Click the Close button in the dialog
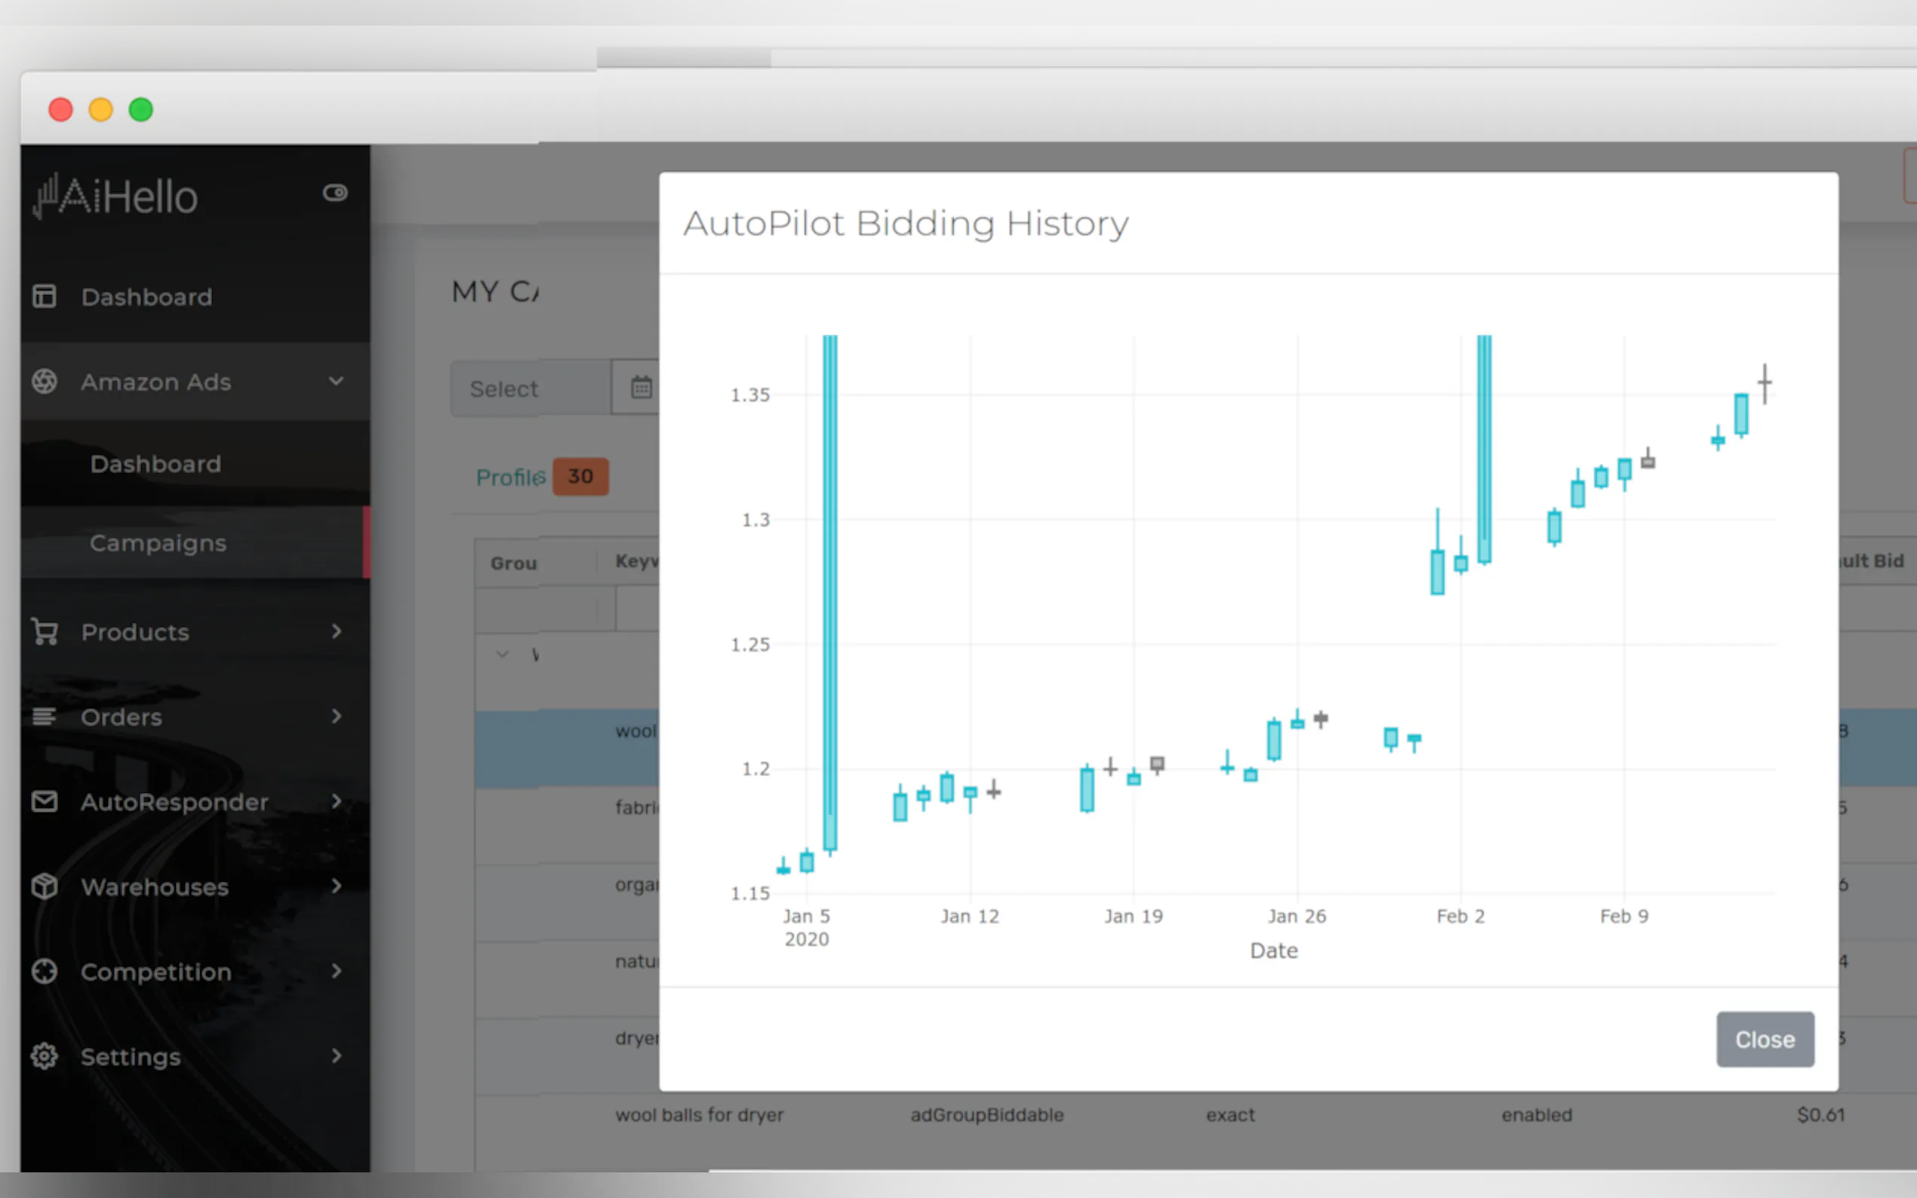1764,1039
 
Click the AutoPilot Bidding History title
905,223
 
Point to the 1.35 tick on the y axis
749,395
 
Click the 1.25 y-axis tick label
749,644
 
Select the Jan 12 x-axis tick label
969,916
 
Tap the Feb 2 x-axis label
1460,916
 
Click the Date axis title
1273,950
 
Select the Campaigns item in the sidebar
158,542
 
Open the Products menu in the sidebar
135,632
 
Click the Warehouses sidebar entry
155,886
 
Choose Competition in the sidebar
156,972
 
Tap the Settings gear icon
45,1056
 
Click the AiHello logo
116,195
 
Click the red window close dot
61,109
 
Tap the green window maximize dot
141,109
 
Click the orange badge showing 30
580,476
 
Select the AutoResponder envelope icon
45,802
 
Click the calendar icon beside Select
641,388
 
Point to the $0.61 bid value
1820,1115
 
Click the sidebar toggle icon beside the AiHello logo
335,192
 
